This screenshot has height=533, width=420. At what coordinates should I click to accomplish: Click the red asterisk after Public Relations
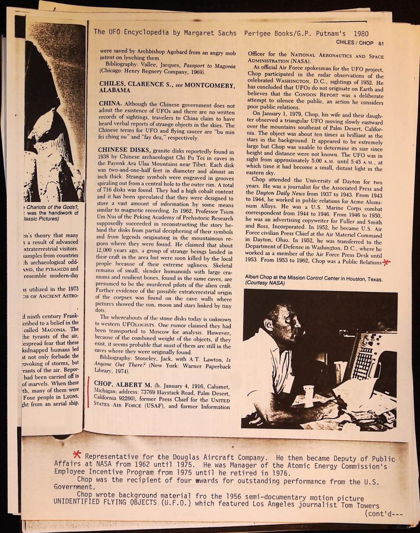click(x=386, y=261)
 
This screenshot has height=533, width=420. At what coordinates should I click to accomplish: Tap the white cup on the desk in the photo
click(x=309, y=395)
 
